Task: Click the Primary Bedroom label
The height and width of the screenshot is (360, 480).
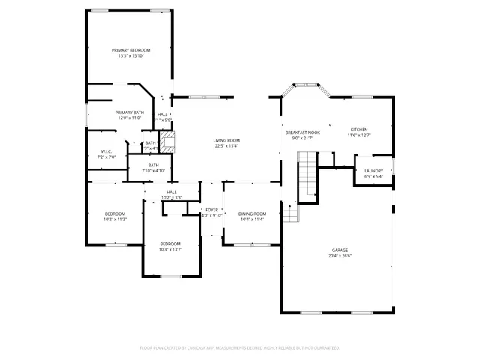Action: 131,49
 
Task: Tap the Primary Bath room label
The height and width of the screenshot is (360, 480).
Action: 129,112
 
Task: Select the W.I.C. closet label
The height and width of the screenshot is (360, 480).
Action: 106,152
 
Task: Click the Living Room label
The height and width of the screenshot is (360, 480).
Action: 226,140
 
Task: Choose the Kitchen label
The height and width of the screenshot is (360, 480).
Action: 358,130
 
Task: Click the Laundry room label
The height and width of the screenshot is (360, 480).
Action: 373,171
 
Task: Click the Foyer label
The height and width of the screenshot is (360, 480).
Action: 212,210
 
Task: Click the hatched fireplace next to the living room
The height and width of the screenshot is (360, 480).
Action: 169,142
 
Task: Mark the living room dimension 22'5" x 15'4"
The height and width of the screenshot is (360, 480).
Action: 226,146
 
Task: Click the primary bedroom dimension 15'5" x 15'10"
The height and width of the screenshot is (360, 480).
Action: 131,55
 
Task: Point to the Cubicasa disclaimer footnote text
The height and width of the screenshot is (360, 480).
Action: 240,348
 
